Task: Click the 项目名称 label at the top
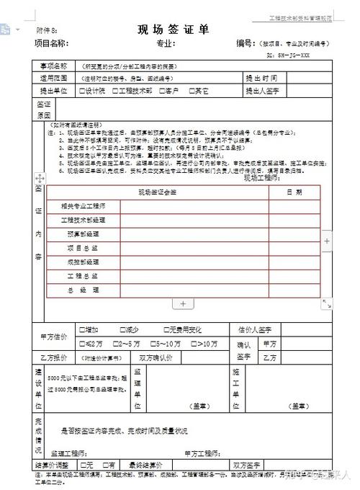point(50,43)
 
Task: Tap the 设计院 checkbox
point(81,92)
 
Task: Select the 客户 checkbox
point(160,92)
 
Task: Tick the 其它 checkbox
point(191,92)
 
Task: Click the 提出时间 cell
point(261,78)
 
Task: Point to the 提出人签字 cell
point(264,92)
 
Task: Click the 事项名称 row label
point(53,65)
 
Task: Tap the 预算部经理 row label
point(83,234)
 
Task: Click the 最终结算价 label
point(146,464)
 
